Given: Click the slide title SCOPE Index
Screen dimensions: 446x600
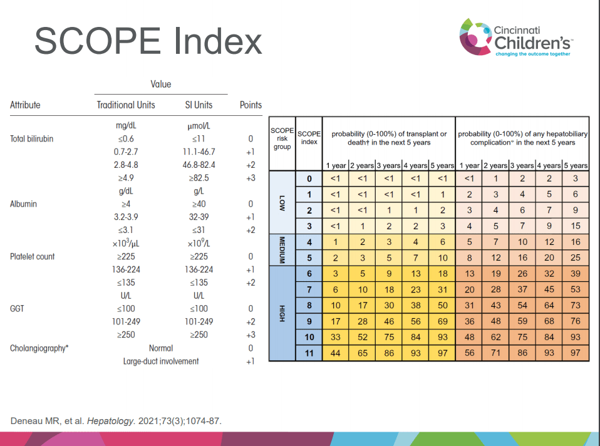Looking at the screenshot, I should [148, 41].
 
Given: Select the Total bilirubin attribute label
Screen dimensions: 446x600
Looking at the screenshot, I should [31, 139].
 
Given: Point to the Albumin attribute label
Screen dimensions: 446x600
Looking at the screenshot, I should [24, 204].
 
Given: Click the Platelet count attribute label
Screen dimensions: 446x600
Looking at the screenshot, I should [32, 256].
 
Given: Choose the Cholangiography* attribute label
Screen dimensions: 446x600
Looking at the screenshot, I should [39, 348].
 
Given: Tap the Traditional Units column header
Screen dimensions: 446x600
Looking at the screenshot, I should [126, 105].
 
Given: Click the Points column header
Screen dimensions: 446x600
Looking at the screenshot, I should [251, 105].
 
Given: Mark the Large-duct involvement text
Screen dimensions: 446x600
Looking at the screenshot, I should [161, 361].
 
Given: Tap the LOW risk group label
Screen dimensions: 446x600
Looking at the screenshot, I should [282, 202].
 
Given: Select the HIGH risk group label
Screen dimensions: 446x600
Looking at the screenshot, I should [282, 313].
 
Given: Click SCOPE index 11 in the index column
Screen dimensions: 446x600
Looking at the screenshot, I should [309, 353].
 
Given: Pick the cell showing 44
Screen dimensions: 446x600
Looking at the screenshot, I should [336, 353].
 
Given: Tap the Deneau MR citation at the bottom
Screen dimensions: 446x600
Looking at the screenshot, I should [116, 420].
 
